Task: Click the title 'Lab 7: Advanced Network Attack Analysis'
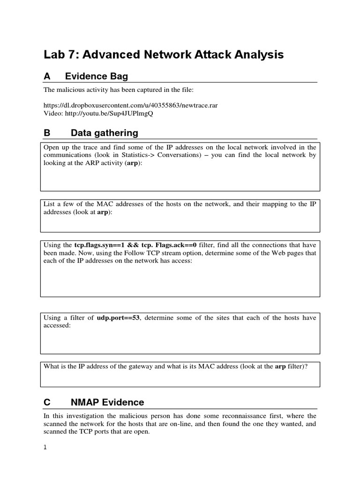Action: pyautogui.click(x=164, y=55)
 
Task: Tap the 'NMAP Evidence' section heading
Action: pyautogui.click(x=107, y=402)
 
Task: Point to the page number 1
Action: pyautogui.click(x=45, y=447)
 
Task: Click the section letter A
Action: pyautogui.click(x=47, y=76)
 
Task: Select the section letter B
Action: pyautogui.click(x=47, y=133)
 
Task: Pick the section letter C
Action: pyautogui.click(x=47, y=402)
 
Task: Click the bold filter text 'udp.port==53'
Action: pyautogui.click(x=118, y=318)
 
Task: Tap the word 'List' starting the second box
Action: pyautogui.click(x=49, y=204)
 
